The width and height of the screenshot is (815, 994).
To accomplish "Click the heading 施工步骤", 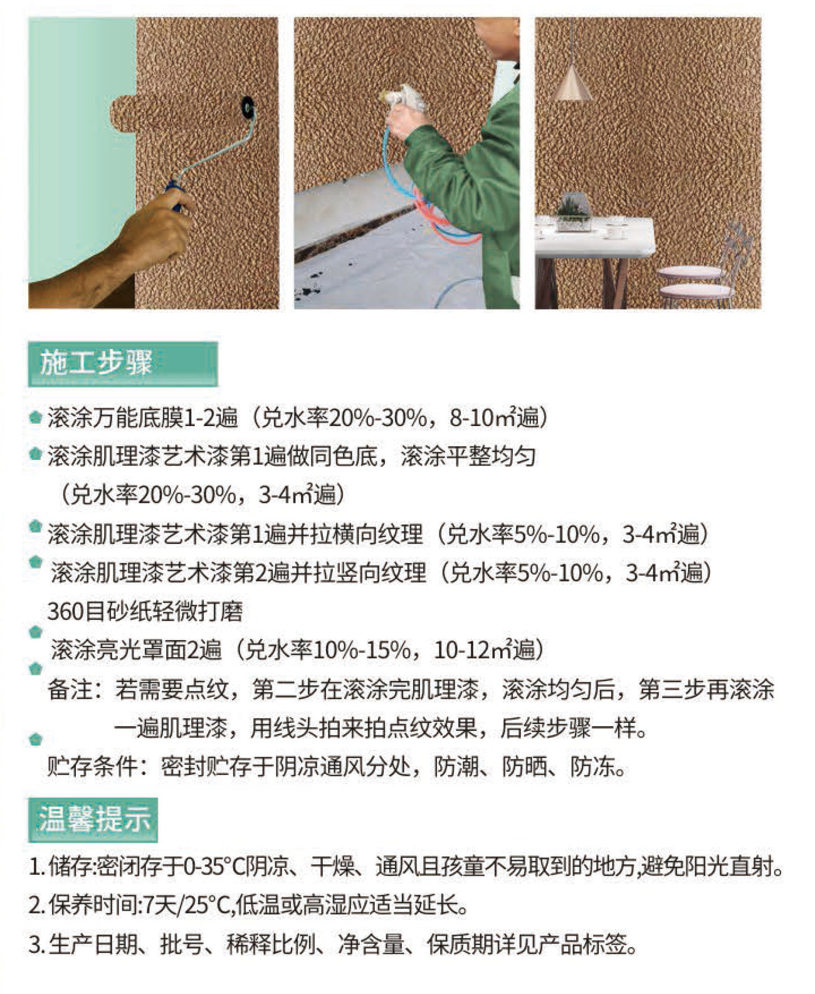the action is point(96,363).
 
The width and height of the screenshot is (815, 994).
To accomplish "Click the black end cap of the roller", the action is point(248,105).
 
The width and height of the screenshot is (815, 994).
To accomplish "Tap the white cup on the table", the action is point(614,232).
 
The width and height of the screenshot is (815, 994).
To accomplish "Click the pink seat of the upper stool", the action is point(689,272).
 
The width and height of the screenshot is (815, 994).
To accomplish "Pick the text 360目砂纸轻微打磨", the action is point(145,612).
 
